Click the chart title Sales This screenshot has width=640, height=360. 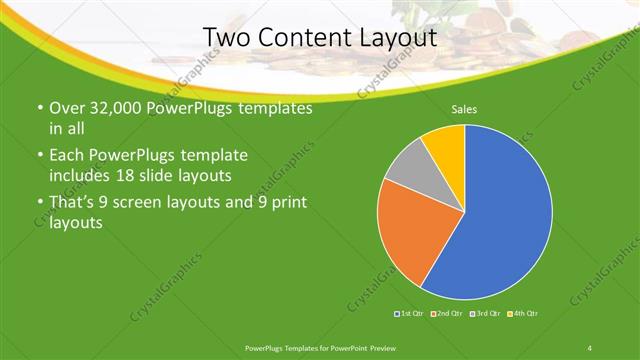tap(464, 108)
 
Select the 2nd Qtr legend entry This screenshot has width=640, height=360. tap(447, 314)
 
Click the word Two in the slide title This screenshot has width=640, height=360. tap(225, 38)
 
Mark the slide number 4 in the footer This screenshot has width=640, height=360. tap(589, 347)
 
